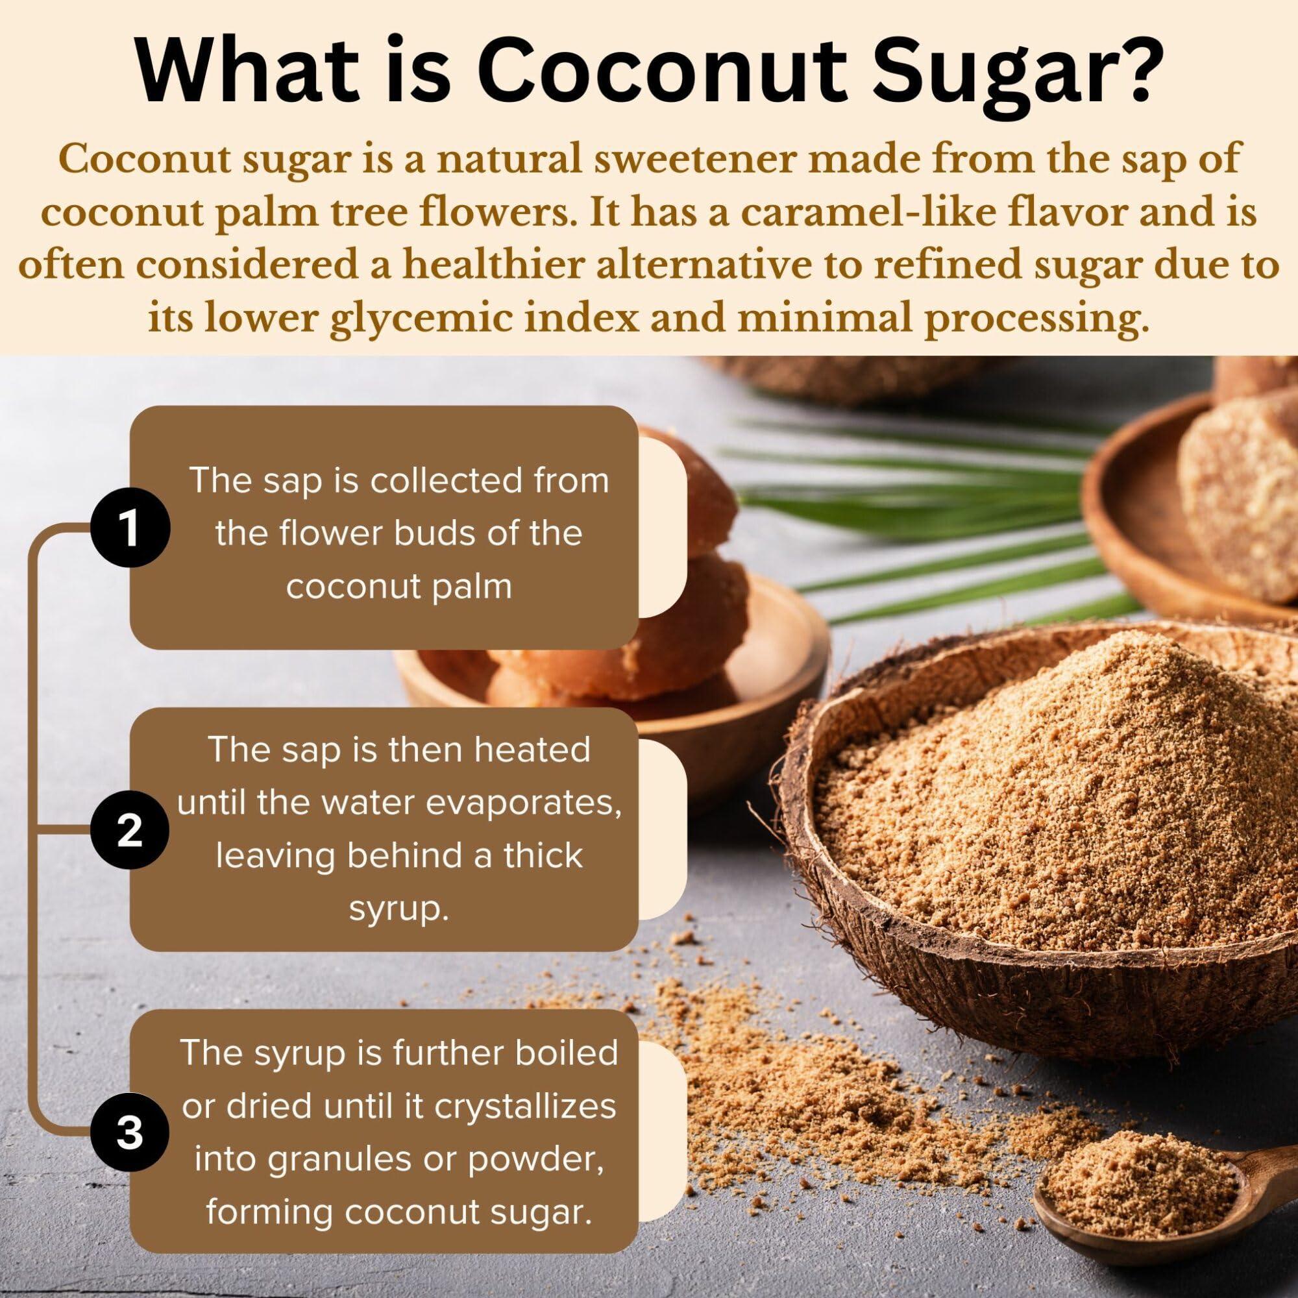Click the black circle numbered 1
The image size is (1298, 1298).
130,530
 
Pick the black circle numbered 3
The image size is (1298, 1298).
130,1133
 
